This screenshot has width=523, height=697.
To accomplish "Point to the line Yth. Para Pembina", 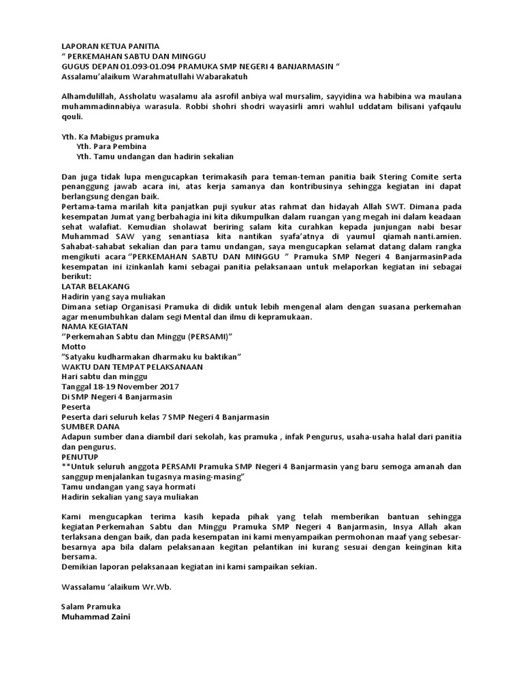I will (112, 146).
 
